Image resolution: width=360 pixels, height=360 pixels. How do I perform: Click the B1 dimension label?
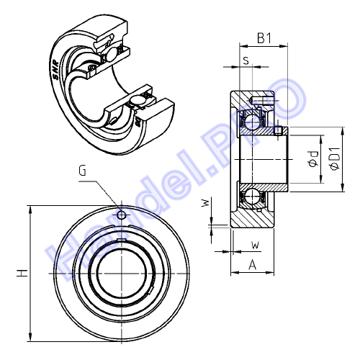tap(264, 38)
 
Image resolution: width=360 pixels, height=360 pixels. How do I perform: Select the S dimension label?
tap(246, 60)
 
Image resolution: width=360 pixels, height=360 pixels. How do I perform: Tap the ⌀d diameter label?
tap(313, 159)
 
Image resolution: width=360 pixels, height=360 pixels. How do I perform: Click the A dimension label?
tap(252, 264)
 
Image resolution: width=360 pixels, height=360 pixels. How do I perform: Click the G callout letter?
tap(82, 171)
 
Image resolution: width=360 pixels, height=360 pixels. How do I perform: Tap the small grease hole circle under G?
tap(122, 215)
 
